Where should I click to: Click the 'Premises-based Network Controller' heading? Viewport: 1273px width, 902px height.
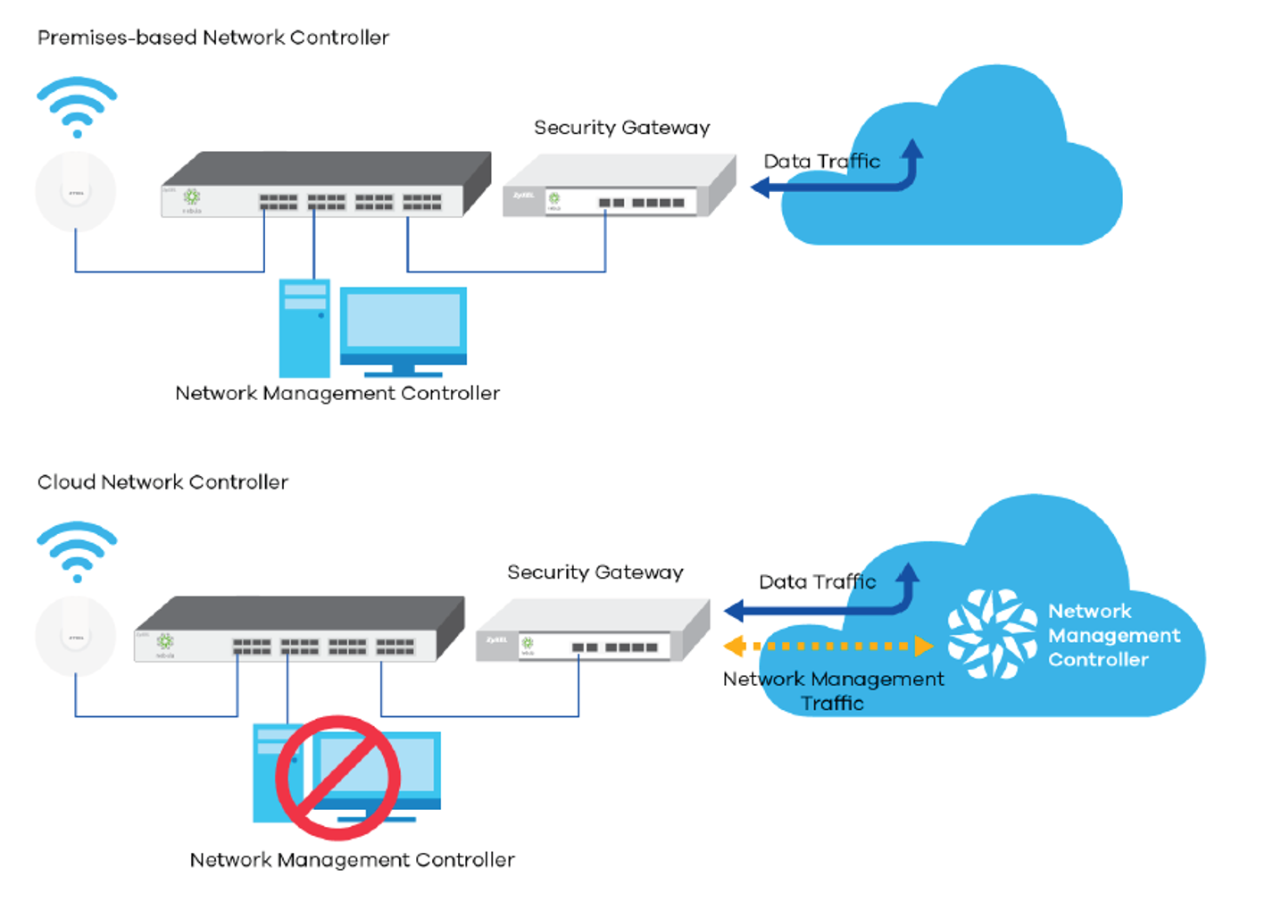pos(213,38)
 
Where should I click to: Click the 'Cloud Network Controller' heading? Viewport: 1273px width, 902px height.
pos(162,482)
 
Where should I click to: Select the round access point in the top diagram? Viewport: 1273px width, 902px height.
pos(76,191)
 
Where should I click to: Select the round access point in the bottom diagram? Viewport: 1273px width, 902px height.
pos(76,636)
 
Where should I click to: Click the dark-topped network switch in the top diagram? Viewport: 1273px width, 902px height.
pos(326,185)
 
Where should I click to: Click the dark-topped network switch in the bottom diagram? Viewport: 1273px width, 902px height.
pos(299,630)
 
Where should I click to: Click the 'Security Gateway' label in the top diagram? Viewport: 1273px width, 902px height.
pos(621,128)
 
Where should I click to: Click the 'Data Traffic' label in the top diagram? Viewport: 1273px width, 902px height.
pos(821,162)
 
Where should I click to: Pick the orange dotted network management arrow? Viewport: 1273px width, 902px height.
pos(828,646)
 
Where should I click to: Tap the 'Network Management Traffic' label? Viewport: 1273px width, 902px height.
pos(833,690)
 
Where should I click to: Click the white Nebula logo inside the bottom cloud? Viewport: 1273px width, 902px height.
pos(992,633)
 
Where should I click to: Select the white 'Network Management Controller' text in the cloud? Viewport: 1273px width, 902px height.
pos(1113,635)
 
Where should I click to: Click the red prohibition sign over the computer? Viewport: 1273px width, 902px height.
pos(337,777)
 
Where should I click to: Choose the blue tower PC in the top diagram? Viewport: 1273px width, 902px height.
pos(304,328)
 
